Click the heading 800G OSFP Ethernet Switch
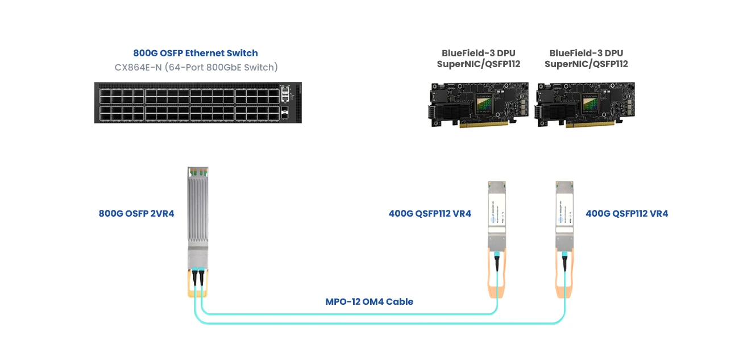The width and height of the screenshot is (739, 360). click(196, 53)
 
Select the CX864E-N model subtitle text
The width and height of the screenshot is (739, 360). click(196, 67)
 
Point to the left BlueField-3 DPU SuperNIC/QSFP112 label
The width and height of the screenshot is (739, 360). click(479, 59)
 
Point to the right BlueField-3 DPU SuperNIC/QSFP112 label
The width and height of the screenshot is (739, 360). click(586, 59)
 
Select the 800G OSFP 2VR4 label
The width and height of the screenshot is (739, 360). click(136, 214)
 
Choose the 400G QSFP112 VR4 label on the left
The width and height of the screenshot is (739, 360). click(430, 214)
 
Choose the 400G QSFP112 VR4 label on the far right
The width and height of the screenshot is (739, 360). click(627, 214)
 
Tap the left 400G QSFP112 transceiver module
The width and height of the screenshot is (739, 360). click(496, 216)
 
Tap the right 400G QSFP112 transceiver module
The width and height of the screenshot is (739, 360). click(564, 216)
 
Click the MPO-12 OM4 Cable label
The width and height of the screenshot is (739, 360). click(369, 301)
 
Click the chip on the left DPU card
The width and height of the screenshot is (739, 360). click(487, 101)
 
